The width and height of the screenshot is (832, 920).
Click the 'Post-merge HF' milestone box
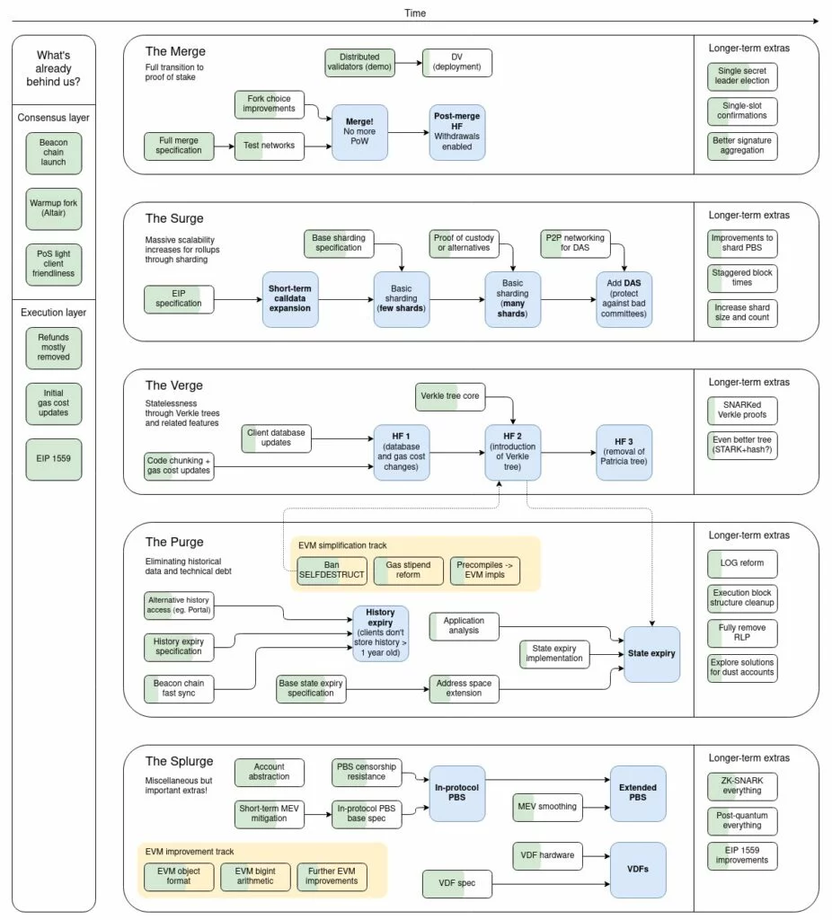pos(458,132)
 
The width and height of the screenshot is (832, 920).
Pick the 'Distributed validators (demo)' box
pos(358,64)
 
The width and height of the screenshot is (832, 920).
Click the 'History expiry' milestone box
pos(380,633)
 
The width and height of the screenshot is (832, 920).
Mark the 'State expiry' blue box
pos(651,654)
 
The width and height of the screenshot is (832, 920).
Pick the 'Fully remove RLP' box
pos(741,633)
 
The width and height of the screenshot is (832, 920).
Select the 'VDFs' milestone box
pos(638,871)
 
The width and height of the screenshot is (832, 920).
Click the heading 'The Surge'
pos(174,218)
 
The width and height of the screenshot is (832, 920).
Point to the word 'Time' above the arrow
pos(415,13)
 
